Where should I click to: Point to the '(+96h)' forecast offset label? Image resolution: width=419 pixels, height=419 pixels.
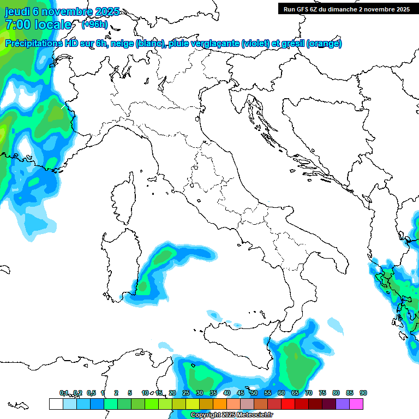[x=94, y=25]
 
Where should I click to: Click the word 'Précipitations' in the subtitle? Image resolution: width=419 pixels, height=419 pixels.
[x=33, y=44]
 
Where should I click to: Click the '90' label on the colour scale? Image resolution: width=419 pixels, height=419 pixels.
[x=363, y=393]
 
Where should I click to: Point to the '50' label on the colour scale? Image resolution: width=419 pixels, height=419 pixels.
[x=254, y=393]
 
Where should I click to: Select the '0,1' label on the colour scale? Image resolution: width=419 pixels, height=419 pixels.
[x=64, y=393]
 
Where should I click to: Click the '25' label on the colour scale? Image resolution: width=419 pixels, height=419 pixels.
[x=186, y=393]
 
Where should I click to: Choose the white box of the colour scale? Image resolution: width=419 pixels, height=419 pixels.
[x=56, y=404]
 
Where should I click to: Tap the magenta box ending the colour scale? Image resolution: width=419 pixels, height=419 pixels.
[x=356, y=404]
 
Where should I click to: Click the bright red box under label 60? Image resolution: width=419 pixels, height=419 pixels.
[x=288, y=404]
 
